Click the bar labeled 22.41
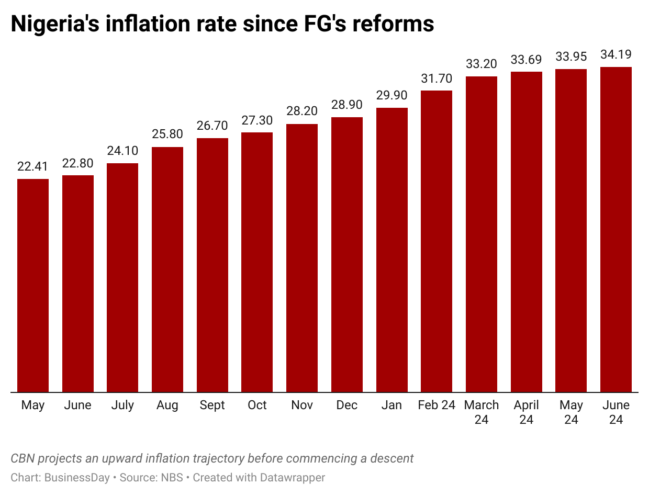33,285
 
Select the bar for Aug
167,269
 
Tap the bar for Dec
347,254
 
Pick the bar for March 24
482,234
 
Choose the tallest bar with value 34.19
616,229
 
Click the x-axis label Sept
212,406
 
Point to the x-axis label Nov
302,406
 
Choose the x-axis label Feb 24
437,406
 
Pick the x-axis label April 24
526,412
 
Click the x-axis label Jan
391,406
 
